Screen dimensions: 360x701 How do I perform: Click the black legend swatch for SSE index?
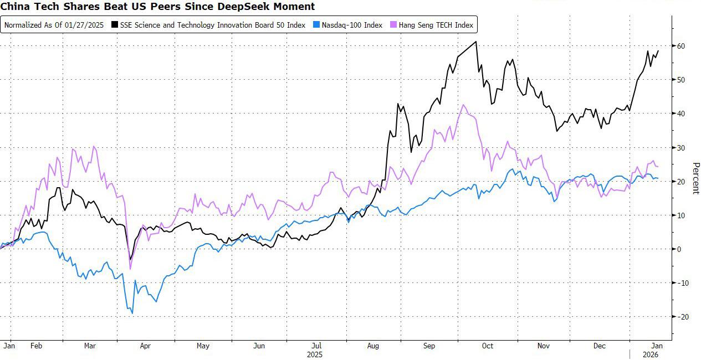[115, 25]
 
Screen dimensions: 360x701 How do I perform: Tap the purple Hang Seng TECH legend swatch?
[393, 25]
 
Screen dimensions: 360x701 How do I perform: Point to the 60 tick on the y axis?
[679, 46]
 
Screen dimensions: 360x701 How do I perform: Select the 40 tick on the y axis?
[679, 114]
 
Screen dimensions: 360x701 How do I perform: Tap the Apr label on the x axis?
[145, 346]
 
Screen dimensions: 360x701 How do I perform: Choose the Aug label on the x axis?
[373, 346]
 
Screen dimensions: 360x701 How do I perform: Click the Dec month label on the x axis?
[600, 346]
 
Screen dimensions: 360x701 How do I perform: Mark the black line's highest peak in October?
[476, 42]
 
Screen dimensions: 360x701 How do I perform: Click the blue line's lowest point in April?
[132, 313]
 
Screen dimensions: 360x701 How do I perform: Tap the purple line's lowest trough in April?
[131, 269]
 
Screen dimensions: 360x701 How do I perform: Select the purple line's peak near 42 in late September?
[463, 105]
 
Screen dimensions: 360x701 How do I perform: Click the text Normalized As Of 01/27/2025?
[54, 25]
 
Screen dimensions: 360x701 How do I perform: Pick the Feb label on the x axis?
[37, 346]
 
